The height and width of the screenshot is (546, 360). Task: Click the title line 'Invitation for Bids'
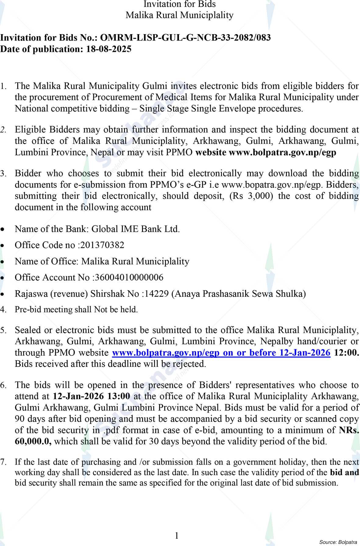[180, 4]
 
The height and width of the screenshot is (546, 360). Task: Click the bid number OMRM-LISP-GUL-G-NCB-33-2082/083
[185, 38]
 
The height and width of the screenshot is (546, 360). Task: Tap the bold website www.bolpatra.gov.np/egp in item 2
[282, 152]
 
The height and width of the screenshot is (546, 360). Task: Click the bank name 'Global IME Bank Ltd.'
[136, 229]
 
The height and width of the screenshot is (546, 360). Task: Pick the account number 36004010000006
[129, 278]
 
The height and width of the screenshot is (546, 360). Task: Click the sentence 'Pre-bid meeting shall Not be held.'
[76, 310]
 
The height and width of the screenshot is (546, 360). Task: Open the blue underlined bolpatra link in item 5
[221, 353]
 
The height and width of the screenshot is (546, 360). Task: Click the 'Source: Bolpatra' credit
[338, 542]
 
